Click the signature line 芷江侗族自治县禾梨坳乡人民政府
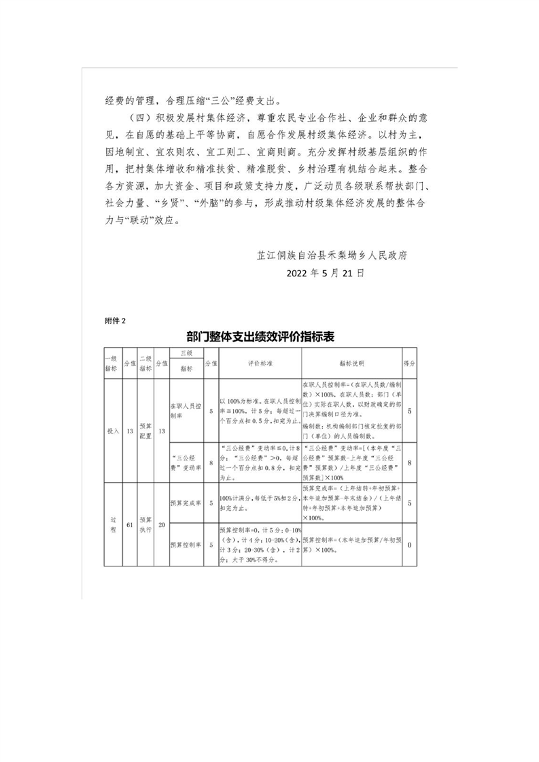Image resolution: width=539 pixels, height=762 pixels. click(331, 255)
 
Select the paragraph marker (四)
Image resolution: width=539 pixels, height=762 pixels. click(138, 119)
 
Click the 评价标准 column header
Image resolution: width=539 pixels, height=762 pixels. click(259, 363)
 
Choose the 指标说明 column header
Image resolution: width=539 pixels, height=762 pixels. click(351, 363)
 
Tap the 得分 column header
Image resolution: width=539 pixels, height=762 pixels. click(409, 363)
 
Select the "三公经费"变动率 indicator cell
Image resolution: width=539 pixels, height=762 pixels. click(185, 463)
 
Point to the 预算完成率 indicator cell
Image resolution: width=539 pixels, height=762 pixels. click(185, 503)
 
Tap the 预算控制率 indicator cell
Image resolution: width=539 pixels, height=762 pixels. click(185, 544)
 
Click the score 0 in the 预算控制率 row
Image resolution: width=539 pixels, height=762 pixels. click(409, 544)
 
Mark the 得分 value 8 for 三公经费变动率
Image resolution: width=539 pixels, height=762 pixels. click(409, 463)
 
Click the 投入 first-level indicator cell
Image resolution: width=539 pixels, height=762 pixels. click(111, 431)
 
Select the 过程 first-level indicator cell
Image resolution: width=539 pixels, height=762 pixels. click(111, 524)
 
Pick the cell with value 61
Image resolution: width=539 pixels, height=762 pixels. click(129, 524)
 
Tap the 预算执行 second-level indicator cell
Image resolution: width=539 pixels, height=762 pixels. click(145, 524)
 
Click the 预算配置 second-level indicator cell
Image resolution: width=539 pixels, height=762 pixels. click(145, 431)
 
